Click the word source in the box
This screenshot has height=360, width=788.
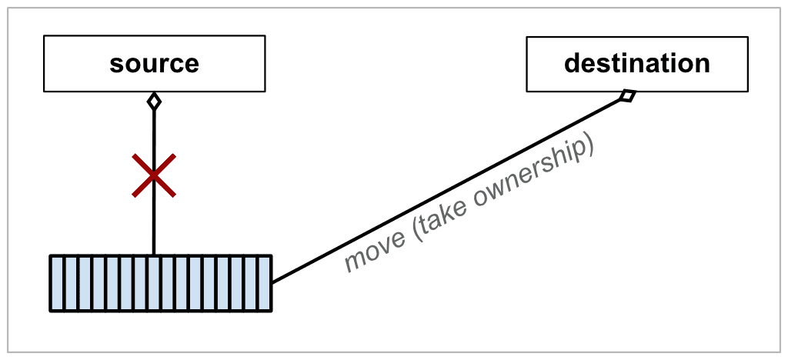[x=154, y=63]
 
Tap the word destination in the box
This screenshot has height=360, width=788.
[x=636, y=62]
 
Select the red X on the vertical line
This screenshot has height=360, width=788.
[x=154, y=175]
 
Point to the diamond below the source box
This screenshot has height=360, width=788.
[x=154, y=101]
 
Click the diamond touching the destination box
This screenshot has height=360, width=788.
[x=627, y=96]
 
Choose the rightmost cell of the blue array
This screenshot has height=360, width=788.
[x=264, y=283]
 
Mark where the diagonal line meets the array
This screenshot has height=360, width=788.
[x=272, y=282]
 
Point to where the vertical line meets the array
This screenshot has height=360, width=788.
[x=154, y=255]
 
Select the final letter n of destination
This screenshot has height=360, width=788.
[x=701, y=64]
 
